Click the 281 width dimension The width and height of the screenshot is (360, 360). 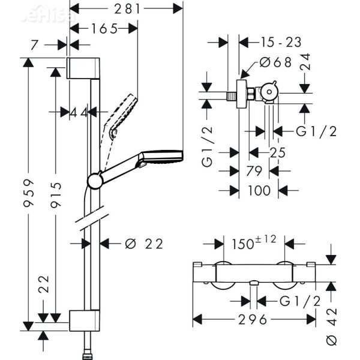pyautogui.click(x=127, y=8)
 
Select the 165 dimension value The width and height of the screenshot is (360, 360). pyautogui.click(x=104, y=28)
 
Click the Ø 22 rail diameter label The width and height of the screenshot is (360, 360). pyautogui.click(x=144, y=244)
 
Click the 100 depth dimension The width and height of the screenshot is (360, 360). pyautogui.click(x=259, y=190)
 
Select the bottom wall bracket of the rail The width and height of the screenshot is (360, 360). pyautogui.click(x=83, y=321)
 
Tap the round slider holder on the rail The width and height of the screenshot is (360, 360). pyautogui.click(x=95, y=180)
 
